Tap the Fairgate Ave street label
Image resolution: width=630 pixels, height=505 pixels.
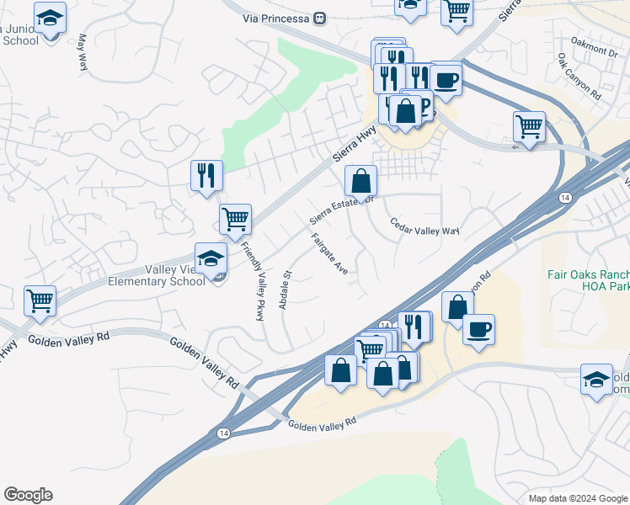click(x=329, y=254)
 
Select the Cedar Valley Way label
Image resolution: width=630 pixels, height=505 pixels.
click(x=424, y=227)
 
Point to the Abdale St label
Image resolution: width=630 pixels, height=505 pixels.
click(x=286, y=289)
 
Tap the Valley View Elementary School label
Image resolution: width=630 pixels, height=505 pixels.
click(x=156, y=275)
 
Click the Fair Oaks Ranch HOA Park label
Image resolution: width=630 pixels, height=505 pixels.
click(x=589, y=280)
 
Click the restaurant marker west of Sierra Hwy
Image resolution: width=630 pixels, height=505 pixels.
click(x=206, y=176)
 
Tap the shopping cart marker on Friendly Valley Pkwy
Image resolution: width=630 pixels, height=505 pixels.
click(x=235, y=219)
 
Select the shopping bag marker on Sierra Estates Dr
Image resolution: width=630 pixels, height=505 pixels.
click(x=360, y=180)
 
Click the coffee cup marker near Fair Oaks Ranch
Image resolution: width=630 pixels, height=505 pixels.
click(x=478, y=329)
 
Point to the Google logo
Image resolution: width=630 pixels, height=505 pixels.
click(x=28, y=495)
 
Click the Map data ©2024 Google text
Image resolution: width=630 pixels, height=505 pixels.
click(x=576, y=498)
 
